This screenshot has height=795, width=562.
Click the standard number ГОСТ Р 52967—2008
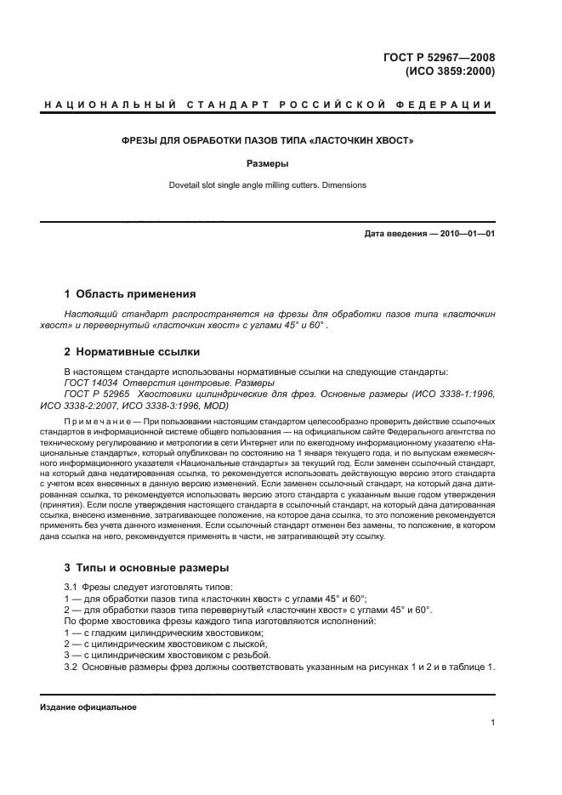pyautogui.click(x=443, y=58)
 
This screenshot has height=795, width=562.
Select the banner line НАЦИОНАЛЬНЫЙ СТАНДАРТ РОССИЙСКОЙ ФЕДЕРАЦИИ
pyautogui.click(x=268, y=105)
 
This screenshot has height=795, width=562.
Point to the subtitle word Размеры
pyautogui.click(x=268, y=163)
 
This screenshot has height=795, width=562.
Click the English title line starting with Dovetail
pyautogui.click(x=268, y=185)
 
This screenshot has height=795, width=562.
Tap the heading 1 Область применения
pyautogui.click(x=130, y=294)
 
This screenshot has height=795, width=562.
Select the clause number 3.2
pyautogui.click(x=71, y=666)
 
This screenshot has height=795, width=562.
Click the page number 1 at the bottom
pyautogui.click(x=492, y=722)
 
